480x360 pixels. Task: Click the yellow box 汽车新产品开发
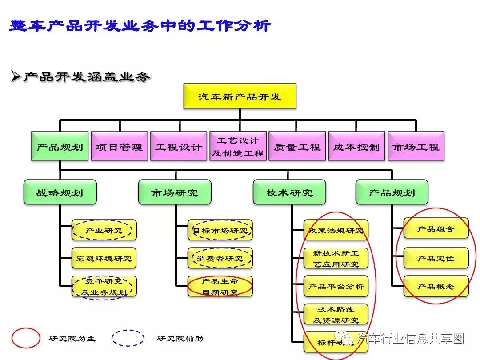coord(240,96)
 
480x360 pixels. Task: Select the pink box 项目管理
coord(119,146)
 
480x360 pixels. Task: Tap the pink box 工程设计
coord(179,146)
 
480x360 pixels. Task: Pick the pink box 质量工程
coord(297,146)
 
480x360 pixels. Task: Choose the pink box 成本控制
coord(356,146)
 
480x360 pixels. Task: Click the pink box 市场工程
coord(416,146)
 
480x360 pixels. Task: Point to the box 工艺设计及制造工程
coord(238,146)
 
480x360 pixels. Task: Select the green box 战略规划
coord(60,192)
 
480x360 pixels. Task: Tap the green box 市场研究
coord(174,192)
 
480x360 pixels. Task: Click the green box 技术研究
coord(289,192)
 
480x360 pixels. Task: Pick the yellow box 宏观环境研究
coord(104,258)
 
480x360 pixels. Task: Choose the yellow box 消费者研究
coord(220,258)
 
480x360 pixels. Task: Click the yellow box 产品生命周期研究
coord(220,287)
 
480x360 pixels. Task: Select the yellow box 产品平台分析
coord(336,287)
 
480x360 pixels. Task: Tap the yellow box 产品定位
coord(436,258)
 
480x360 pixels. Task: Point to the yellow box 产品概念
coord(436,287)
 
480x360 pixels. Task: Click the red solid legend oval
coord(26,338)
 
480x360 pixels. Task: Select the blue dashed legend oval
coord(128,338)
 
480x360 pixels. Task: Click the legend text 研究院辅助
coord(180,339)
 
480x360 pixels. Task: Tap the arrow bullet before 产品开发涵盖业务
coord(16,77)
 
